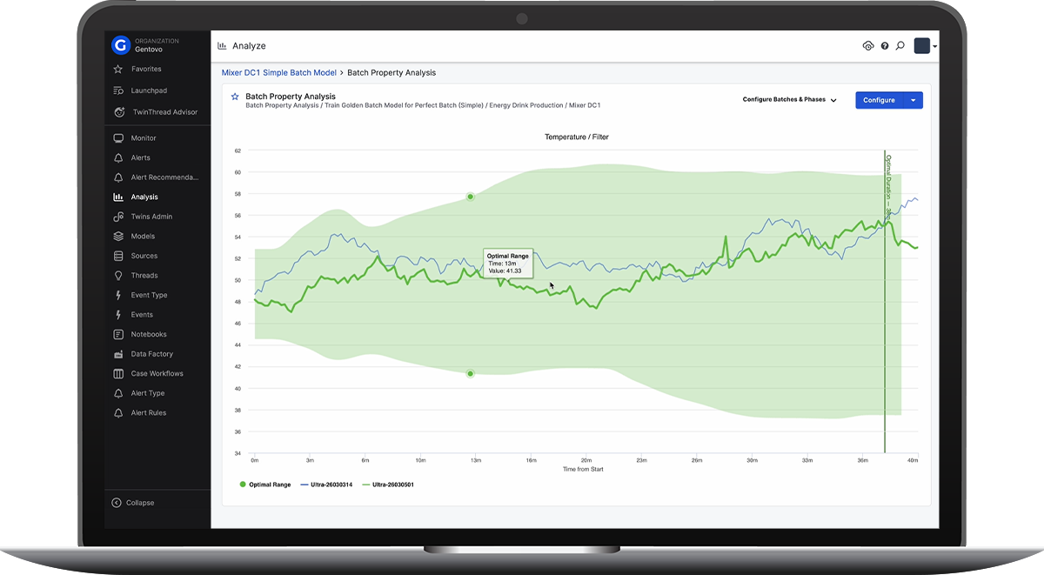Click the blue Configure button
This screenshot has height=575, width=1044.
(879, 100)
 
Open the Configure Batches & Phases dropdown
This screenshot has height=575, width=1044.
(789, 100)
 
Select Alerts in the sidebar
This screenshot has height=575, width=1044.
(140, 158)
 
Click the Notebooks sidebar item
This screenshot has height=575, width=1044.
(148, 334)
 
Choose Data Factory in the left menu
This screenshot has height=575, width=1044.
(151, 354)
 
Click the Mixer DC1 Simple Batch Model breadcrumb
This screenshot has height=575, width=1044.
(278, 73)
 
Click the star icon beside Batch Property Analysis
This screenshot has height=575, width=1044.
(235, 97)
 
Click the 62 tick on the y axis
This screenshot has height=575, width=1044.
(238, 150)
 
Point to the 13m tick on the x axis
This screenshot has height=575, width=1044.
(475, 459)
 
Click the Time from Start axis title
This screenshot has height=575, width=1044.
(583, 469)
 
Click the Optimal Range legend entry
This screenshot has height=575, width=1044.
(265, 485)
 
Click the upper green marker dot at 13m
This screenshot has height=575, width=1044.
(471, 197)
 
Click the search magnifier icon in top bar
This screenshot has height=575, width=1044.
(900, 46)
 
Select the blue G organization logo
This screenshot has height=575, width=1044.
(121, 45)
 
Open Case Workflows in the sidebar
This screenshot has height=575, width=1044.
(157, 374)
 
